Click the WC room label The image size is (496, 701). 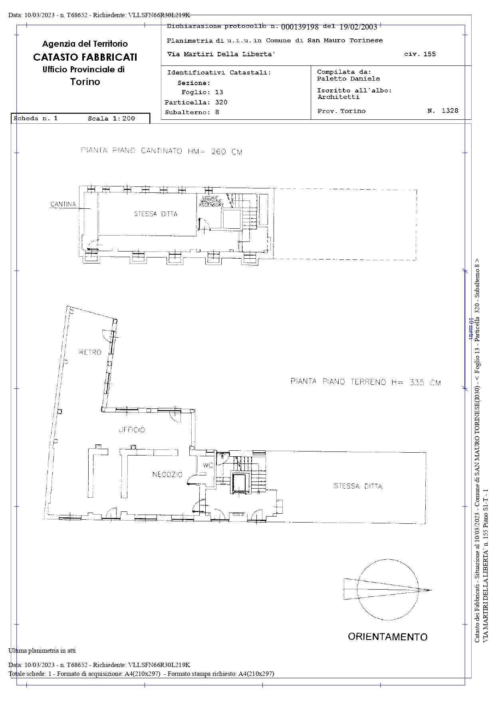coord(208,465)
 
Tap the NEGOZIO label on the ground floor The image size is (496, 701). coord(167,474)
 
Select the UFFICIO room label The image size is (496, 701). coord(132,430)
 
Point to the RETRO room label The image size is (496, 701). coord(90,352)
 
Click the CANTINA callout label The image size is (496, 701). coord(63,204)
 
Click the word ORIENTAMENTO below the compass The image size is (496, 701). coord(387,636)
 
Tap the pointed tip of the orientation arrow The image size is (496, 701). coord(432,590)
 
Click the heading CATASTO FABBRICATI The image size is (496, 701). coord(85,57)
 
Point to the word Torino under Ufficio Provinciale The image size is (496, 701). coord(85,82)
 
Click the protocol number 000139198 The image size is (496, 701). coord(300,27)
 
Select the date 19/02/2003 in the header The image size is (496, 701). coord(358,27)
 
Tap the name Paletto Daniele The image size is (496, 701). coord(349,79)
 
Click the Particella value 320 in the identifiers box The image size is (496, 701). coord(221,102)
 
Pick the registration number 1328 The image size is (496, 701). coord(450,111)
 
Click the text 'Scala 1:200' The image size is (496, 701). coord(111,119)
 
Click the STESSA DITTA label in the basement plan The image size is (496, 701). coord(156,214)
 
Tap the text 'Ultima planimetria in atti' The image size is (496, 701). coord(42,650)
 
